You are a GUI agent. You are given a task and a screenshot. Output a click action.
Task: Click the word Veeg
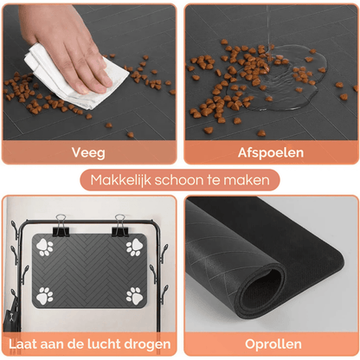89,152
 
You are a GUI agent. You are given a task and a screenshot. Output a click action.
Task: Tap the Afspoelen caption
270,152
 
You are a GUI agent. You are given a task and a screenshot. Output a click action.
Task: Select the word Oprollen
273,343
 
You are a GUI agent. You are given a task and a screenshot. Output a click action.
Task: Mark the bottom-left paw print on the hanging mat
46,296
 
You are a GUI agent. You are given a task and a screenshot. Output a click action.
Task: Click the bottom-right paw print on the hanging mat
134,296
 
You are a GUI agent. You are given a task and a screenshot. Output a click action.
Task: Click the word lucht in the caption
112,343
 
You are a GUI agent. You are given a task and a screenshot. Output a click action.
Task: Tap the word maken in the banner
256,181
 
